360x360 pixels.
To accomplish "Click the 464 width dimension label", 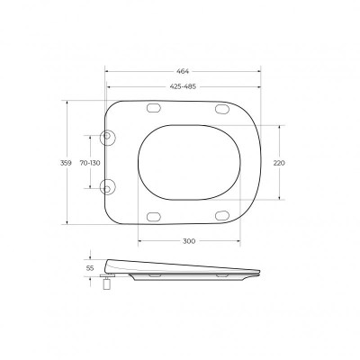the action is coord(183,71).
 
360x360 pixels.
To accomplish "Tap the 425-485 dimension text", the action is coord(183,86).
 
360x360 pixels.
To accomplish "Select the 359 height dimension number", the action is coord(66,163).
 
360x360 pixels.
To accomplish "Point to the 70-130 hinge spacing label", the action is coord(90,163).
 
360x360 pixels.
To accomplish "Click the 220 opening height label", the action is coord(279,163).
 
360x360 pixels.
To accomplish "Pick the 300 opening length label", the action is coord(189,241).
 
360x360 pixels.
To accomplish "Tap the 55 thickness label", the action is coord(90,268).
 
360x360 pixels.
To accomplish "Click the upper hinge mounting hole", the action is coord(107,136).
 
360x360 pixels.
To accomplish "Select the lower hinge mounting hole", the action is coord(107,188).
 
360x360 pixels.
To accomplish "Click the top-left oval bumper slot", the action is coord(154,108).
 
